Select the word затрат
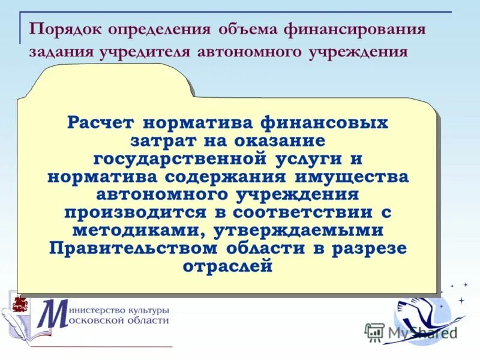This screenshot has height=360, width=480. (x=158, y=142)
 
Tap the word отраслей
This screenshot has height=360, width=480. (x=227, y=266)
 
